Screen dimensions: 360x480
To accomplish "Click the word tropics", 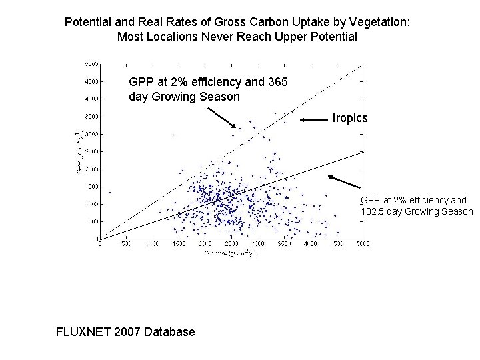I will point(350,118).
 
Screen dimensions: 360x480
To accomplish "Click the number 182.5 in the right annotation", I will point(373,211).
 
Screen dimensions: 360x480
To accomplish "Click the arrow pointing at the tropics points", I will point(314,120).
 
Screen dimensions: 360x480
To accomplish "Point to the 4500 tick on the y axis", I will point(91,81).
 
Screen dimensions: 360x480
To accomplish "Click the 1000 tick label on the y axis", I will point(91,204).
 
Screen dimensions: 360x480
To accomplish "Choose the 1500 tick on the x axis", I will point(178,244).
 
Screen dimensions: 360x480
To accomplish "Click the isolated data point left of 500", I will point(109,192).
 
